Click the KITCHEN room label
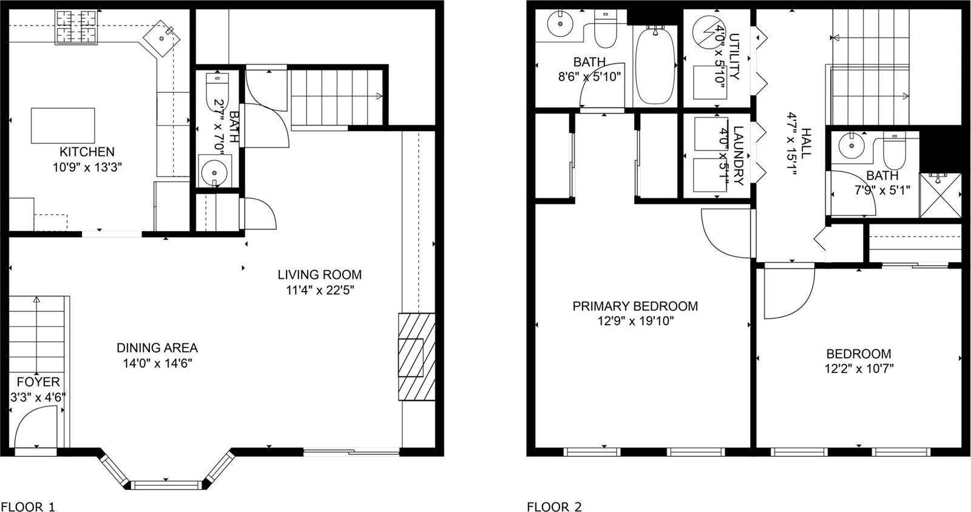pos(86,152)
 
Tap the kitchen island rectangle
pos(63,126)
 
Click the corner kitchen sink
pos(162,38)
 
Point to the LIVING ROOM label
pos(319,274)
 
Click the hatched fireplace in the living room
pos(416,356)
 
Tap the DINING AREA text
pos(157,348)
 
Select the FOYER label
pos(38,382)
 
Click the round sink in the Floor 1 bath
pos(213,172)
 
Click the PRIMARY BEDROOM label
pos(635,306)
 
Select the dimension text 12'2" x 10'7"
pos(859,368)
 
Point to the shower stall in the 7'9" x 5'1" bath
pos(939,195)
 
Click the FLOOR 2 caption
pos(554,506)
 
